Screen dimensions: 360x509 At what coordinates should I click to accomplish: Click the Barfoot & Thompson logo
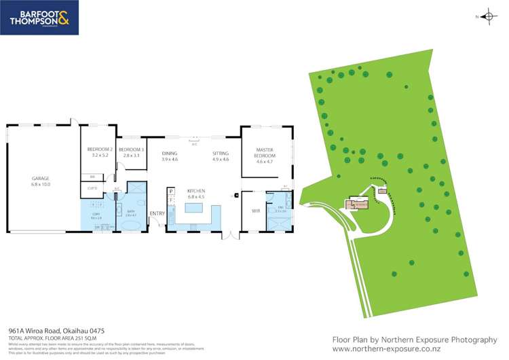click(39, 18)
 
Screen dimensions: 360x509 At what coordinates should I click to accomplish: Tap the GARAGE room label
click(40, 179)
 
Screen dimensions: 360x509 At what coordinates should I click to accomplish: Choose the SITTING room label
click(221, 154)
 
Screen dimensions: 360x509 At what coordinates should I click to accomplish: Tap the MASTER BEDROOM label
click(264, 151)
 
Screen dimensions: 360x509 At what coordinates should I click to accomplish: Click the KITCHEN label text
click(195, 191)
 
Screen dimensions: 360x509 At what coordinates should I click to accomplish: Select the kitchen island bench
click(195, 208)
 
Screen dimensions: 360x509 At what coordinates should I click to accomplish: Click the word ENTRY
click(157, 213)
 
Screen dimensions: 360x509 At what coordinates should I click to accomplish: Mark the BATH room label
click(131, 213)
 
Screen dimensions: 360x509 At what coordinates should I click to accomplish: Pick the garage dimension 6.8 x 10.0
click(40, 184)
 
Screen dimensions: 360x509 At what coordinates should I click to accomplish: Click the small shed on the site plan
click(382, 191)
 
